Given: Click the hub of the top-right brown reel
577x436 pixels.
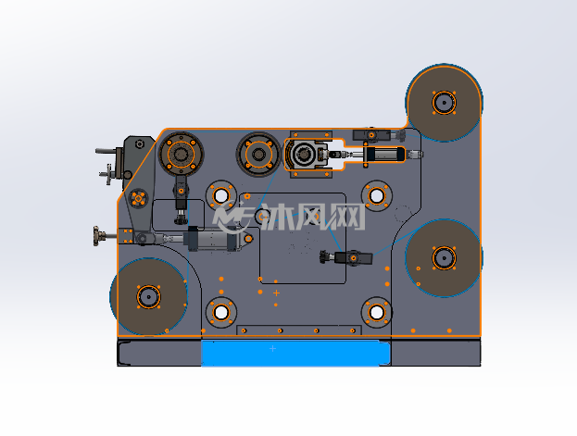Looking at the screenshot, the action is point(445,103).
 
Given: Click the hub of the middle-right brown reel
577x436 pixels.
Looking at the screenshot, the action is point(445,258).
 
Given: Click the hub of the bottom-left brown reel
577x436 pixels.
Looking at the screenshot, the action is point(149,296).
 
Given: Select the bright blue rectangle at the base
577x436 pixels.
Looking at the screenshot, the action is point(295,353).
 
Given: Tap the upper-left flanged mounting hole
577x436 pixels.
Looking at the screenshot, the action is point(220,195).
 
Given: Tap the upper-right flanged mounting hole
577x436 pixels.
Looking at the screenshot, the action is point(376,195).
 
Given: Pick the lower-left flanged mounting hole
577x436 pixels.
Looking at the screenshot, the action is point(220,312).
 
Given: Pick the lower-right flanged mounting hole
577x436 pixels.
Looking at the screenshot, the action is point(376,312).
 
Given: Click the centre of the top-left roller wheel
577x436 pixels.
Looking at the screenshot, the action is point(181,155).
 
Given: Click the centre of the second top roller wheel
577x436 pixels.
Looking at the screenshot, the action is point(258,155).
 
